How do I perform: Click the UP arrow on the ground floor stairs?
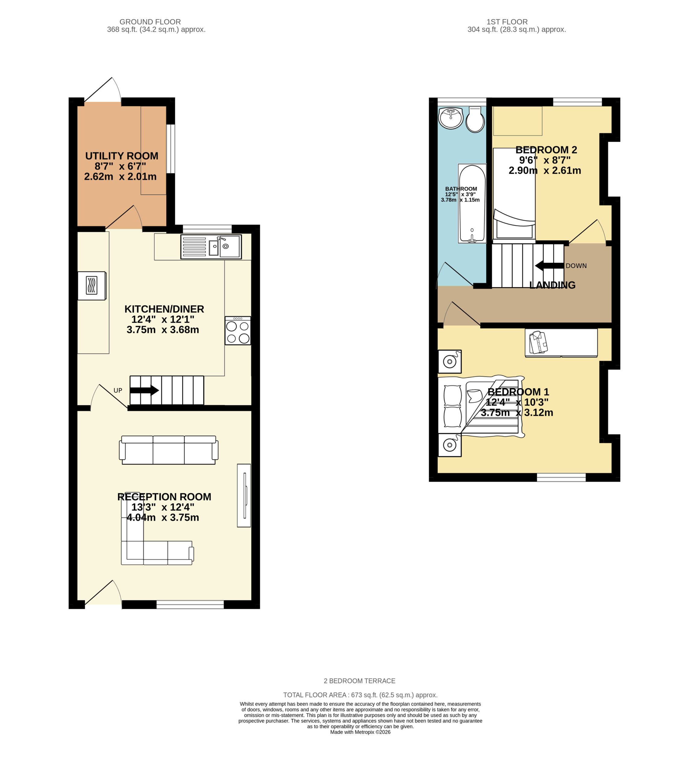tap(144, 390)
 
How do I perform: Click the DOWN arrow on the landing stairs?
tap(549, 266)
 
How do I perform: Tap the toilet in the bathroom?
tap(475, 119)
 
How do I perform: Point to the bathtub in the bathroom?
tap(472, 203)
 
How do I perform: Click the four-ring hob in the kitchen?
tap(238, 331)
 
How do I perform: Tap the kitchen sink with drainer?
tap(211, 247)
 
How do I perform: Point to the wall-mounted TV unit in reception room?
tap(244, 495)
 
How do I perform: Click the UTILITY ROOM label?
tap(122, 156)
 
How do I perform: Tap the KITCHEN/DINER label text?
tap(164, 309)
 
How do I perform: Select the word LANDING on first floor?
tap(552, 285)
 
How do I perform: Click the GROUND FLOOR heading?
tap(150, 22)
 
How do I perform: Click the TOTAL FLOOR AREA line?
tap(360, 695)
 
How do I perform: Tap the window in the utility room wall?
tap(171, 149)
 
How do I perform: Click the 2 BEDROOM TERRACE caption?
tap(359, 681)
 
